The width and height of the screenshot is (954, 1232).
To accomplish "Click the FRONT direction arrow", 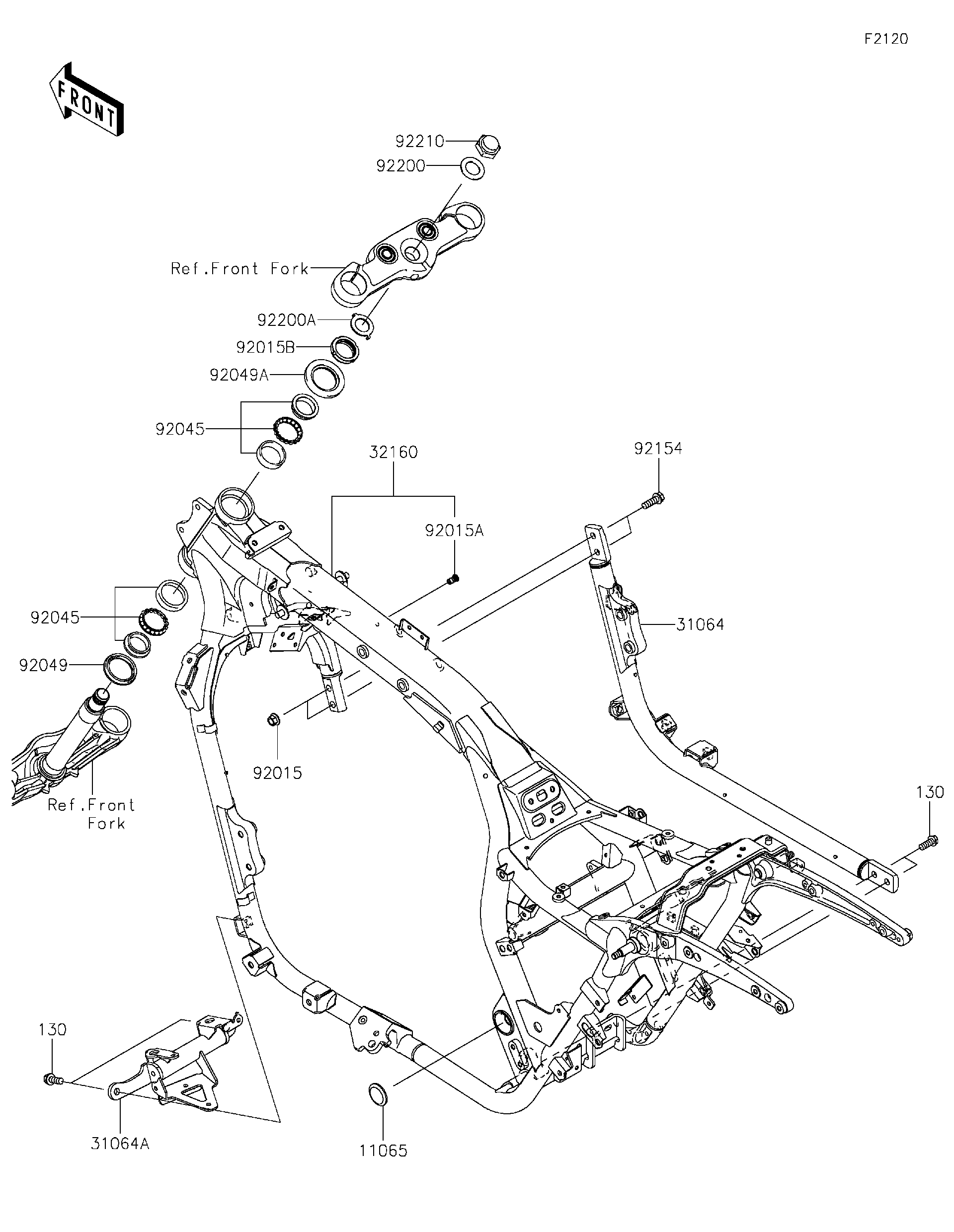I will click(86, 99).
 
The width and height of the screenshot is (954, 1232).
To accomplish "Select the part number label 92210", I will click(419, 141).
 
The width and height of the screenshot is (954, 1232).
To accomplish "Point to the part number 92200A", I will click(286, 320).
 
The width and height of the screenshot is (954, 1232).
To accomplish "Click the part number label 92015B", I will click(265, 347).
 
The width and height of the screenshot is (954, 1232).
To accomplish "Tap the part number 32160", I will click(393, 452).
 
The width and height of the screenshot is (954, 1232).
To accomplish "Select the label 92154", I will click(658, 449).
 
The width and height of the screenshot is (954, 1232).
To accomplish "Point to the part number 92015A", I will click(454, 531).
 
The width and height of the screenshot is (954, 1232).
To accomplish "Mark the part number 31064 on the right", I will click(700, 624).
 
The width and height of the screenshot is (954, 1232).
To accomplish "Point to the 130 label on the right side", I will click(929, 792).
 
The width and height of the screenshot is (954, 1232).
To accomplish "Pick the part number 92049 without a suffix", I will click(43, 666).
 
